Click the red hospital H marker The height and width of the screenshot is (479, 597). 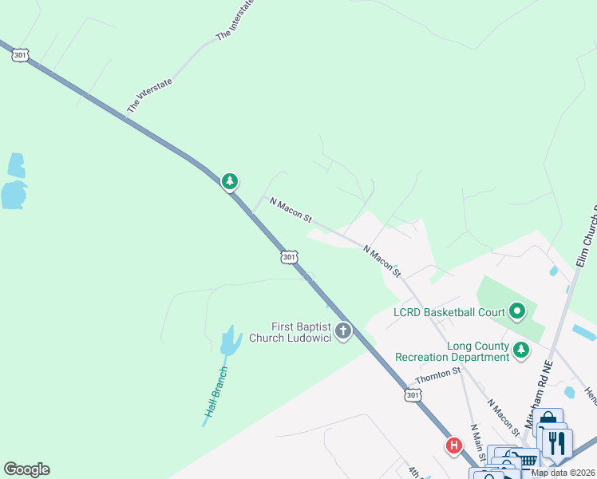click(453, 445)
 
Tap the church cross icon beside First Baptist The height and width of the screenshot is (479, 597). click(343, 331)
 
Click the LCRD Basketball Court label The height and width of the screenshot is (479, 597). click(449, 311)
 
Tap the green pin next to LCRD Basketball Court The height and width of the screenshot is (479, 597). click(517, 311)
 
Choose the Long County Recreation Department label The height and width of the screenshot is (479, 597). click(456, 351)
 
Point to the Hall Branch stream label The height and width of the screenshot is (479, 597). click(216, 391)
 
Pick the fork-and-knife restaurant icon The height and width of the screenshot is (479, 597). click(557, 442)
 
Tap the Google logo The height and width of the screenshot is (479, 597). click(26, 469)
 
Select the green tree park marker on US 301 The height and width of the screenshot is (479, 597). click(230, 182)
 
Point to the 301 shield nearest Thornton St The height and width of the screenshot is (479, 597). click(412, 396)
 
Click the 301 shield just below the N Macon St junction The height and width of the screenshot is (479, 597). click(289, 257)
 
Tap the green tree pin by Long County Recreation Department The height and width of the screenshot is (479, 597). click(521, 350)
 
